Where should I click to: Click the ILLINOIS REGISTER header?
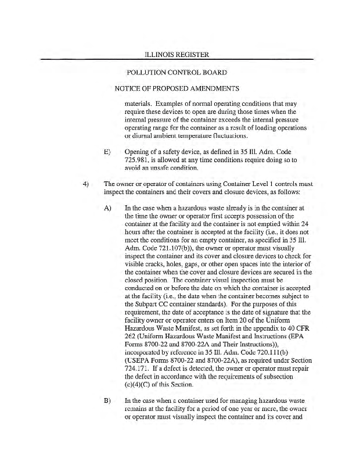[x=177, y=55]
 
